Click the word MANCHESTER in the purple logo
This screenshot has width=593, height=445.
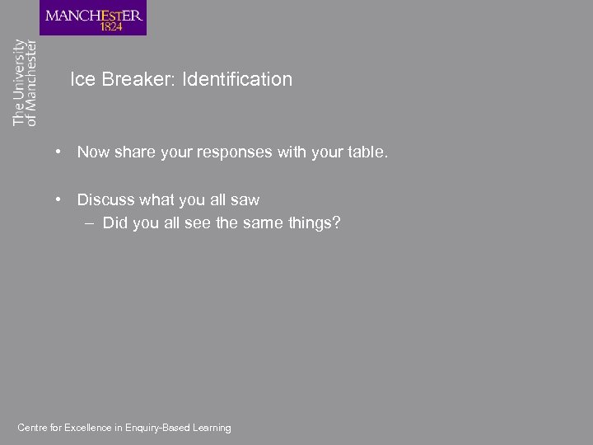point(93,15)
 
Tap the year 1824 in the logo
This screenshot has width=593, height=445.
point(112,26)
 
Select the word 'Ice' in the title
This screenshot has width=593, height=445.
point(82,80)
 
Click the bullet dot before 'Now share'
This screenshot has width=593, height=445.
point(59,152)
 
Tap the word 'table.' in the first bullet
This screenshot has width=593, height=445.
point(367,152)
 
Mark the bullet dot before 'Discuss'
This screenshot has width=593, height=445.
point(59,199)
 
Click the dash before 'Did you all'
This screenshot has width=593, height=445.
point(89,223)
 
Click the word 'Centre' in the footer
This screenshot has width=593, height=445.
point(32,428)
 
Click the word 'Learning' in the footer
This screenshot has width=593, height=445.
point(212,428)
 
